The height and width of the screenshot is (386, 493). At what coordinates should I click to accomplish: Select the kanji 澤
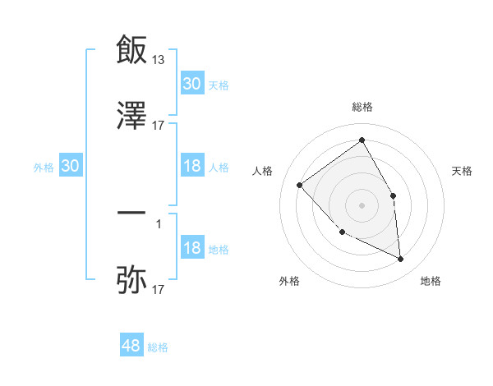[131, 116]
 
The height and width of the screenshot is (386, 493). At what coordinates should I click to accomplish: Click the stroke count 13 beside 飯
[159, 59]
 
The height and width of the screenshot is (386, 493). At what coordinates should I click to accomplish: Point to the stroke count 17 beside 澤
[159, 126]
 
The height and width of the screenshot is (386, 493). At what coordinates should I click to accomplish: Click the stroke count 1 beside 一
[159, 223]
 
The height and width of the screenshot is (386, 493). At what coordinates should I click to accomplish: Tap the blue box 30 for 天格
[192, 84]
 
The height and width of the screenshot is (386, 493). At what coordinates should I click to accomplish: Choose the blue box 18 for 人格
[192, 166]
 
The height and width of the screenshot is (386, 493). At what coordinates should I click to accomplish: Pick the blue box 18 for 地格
[192, 249]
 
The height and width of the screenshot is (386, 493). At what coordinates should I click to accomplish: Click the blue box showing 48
[131, 346]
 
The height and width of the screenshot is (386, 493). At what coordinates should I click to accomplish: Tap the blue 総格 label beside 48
[158, 347]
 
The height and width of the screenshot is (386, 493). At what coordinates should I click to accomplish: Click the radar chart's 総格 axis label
[362, 107]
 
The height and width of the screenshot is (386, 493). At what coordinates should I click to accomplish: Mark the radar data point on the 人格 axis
[300, 185]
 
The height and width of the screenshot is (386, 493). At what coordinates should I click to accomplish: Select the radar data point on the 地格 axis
[401, 260]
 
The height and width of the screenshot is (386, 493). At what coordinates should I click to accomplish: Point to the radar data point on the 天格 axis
[394, 195]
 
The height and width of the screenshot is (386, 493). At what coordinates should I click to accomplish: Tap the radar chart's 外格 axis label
[289, 281]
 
